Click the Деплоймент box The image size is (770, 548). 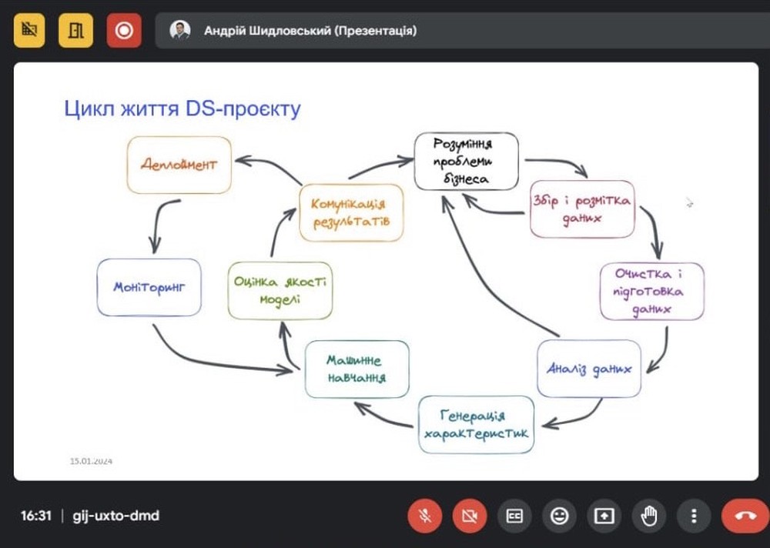tap(179, 165)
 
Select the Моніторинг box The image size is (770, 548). tap(149, 287)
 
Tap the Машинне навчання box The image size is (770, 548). tap(357, 369)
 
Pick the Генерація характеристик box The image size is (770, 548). tap(476, 425)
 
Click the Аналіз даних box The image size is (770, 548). tap(589, 369)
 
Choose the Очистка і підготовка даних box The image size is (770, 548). tap(651, 291)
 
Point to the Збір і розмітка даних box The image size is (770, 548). tap(582, 209)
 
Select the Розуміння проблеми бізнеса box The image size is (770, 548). tap(466, 161)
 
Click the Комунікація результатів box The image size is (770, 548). tap(351, 212)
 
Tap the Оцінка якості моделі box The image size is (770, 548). tap(280, 291)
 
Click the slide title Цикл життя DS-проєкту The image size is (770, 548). tap(182, 109)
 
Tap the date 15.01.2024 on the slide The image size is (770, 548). tap(91, 461)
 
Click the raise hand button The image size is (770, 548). tap(648, 516)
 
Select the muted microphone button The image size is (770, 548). tap(425, 516)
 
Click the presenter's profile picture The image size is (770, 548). tap(179, 31)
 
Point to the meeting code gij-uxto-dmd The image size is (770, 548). tap(116, 516)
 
